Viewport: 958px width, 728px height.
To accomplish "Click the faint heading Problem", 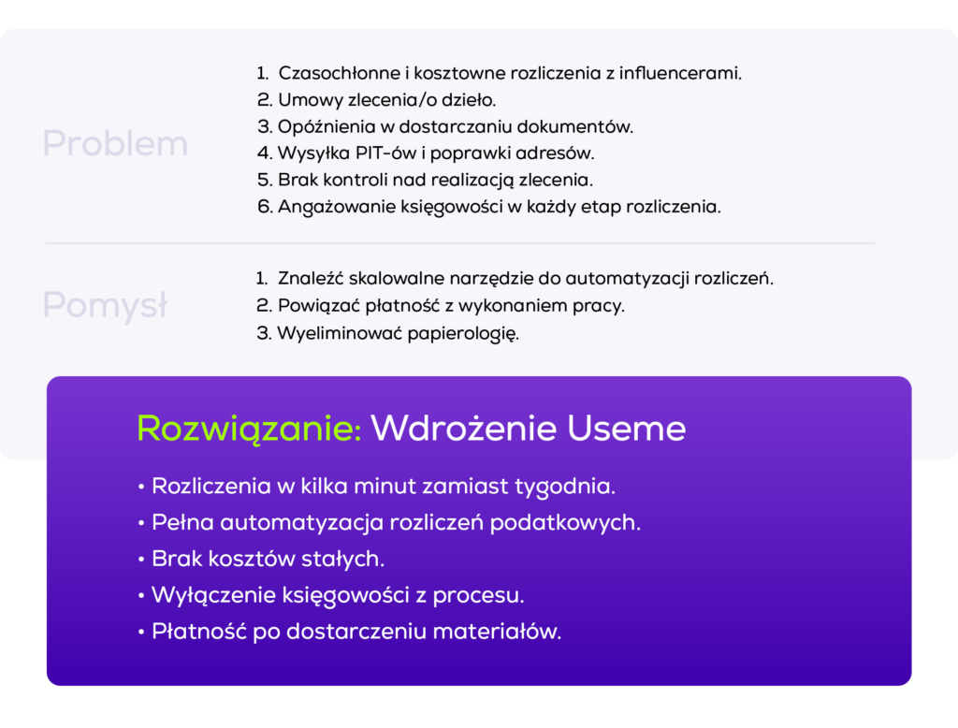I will pos(115,144).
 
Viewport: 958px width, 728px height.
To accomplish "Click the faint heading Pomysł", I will pos(105,306).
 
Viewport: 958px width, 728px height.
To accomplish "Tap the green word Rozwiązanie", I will pos(249,429).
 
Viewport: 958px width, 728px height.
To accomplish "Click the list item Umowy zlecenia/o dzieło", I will pos(377,99).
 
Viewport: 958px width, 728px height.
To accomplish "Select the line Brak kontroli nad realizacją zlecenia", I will pos(426,180).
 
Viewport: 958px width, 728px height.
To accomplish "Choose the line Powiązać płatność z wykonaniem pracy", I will pos(441,306).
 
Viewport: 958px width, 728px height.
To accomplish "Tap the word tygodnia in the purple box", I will pos(570,488).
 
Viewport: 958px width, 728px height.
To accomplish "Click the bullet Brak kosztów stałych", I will pos(268,560).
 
